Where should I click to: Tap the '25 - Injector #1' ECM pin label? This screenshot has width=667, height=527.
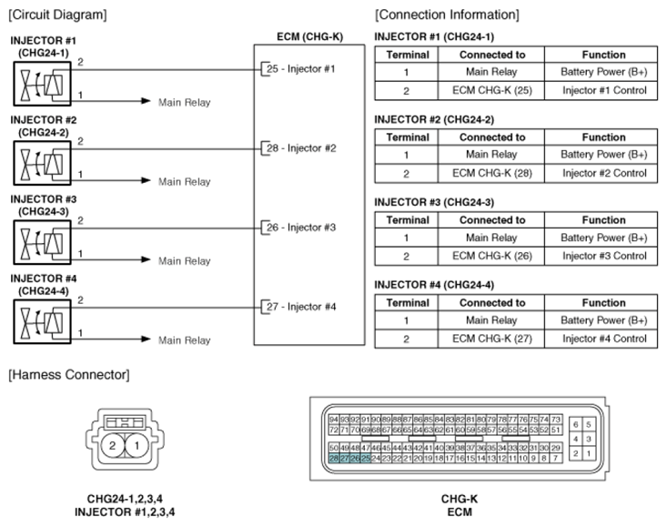tap(300, 69)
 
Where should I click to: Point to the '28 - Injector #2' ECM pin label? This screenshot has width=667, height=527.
tap(300, 148)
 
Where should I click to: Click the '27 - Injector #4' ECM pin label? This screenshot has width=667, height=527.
tap(300, 307)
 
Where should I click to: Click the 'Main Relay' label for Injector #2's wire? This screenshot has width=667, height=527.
tap(184, 182)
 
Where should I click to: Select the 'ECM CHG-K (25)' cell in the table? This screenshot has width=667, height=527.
tap(491, 91)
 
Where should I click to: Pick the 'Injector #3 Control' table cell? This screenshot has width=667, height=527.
tap(604, 256)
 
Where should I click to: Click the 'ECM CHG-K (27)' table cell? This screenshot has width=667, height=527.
tap(491, 339)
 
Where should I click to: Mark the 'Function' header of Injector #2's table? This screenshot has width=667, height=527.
tap(604, 137)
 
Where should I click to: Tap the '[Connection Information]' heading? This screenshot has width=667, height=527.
tap(447, 15)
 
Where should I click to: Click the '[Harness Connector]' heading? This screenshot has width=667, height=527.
tap(68, 374)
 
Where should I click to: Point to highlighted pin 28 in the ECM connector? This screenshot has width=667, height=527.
tap(334, 460)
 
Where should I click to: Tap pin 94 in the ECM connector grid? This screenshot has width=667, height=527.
tap(334, 419)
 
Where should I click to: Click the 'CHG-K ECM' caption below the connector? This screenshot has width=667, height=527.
tap(460, 505)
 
